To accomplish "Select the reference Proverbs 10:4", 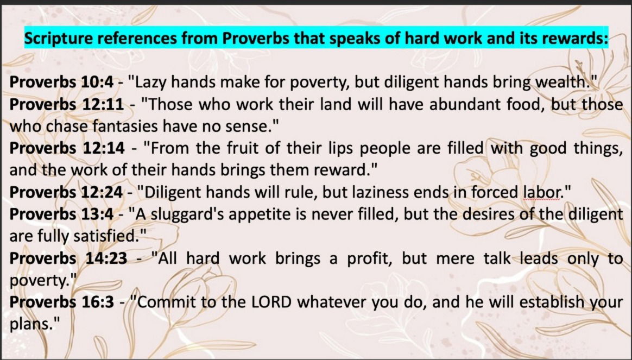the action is coord(62,82).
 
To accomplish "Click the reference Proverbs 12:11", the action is coord(67,104).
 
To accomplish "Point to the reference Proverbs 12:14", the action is coord(67,148).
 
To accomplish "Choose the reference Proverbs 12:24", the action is coord(66,192).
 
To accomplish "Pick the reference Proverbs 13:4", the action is coord(62,214).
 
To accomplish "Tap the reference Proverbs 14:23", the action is coord(68,258).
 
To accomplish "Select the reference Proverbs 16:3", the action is coord(62,302).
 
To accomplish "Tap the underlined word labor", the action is coord(542,192).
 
